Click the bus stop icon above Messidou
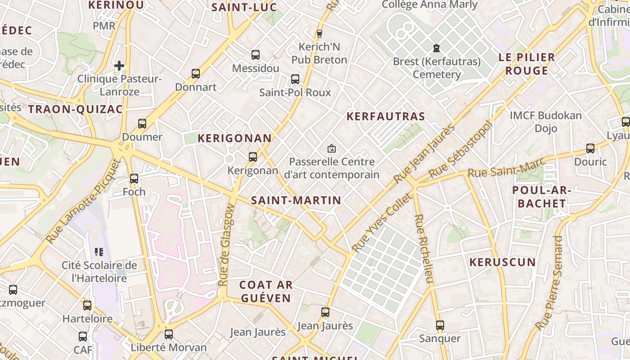256,55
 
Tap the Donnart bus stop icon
195,74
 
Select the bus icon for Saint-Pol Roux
295,79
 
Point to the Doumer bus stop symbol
142,124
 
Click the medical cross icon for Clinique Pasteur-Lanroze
119,66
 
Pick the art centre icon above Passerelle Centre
332,148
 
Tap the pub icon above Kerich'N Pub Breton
319,33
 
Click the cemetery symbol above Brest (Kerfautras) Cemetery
436,48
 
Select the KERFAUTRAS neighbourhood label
386,117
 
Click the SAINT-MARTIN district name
296,201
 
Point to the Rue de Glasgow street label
226,245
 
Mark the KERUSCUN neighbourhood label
503,262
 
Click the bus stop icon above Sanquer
440,325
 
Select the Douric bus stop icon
590,148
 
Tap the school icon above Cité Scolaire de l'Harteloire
99,252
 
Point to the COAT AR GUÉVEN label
266,291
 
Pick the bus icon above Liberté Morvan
169,334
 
